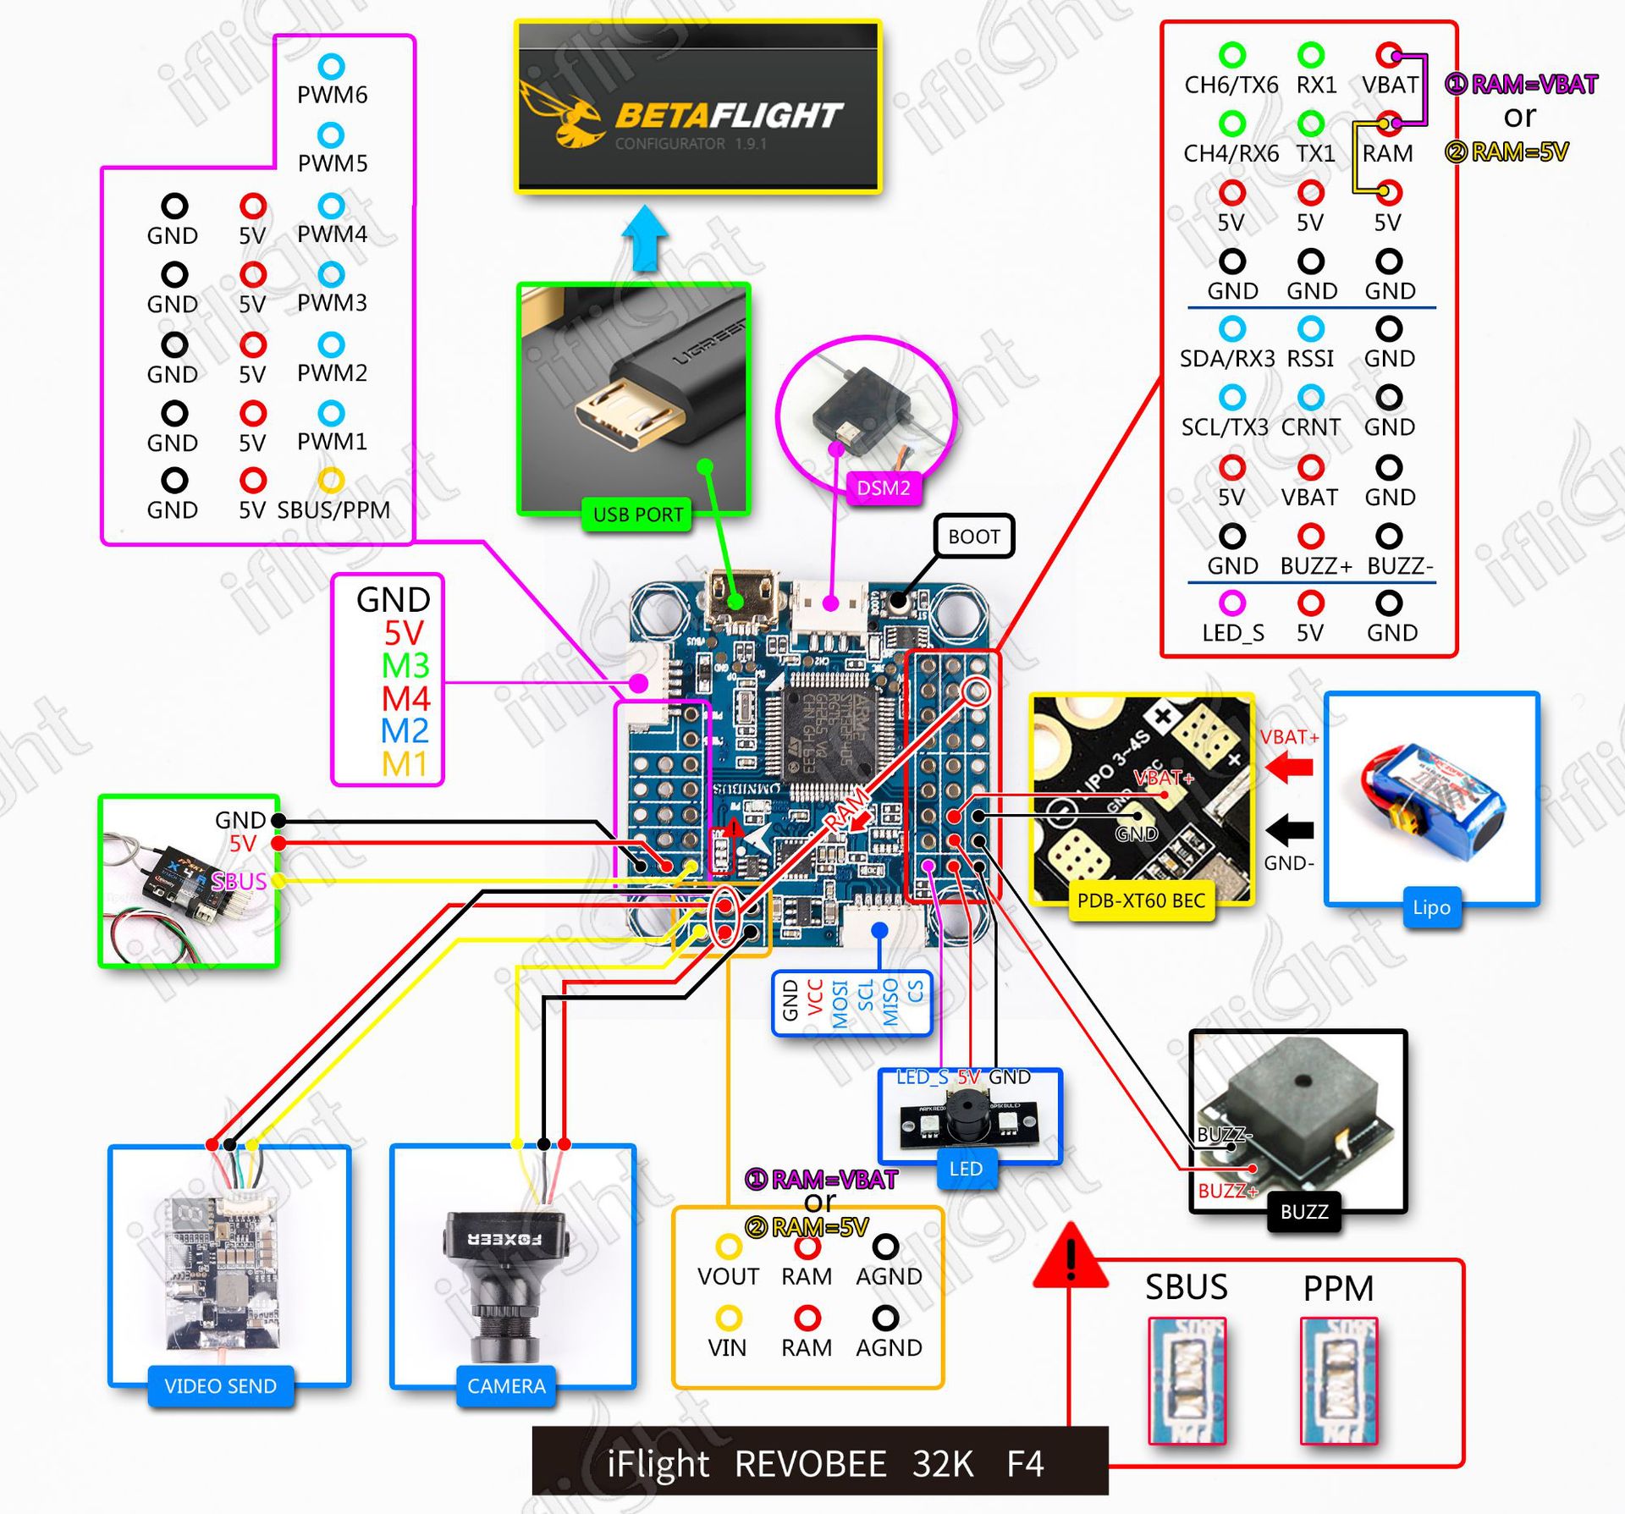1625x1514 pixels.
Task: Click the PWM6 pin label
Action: [332, 94]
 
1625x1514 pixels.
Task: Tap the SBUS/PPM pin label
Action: [333, 509]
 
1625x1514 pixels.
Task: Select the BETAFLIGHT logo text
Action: [729, 115]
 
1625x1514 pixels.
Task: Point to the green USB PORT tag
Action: [637, 515]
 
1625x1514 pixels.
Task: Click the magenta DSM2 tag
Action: [883, 487]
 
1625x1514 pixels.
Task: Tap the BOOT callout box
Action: [973, 536]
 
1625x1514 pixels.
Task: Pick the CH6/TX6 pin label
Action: [1231, 85]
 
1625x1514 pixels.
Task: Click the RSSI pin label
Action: [1309, 359]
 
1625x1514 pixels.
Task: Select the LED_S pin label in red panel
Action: [1232, 632]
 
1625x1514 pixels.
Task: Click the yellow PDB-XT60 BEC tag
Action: [1140, 900]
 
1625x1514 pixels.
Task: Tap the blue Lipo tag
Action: [1430, 907]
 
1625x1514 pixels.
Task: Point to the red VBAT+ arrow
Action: [1289, 768]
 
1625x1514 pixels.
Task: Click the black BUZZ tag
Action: [1303, 1212]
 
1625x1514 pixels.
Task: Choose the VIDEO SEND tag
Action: [220, 1385]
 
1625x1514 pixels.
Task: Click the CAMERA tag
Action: [506, 1385]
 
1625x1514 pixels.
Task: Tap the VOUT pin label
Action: [728, 1276]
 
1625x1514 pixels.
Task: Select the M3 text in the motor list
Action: [405, 666]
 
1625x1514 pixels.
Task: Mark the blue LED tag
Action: [965, 1169]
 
